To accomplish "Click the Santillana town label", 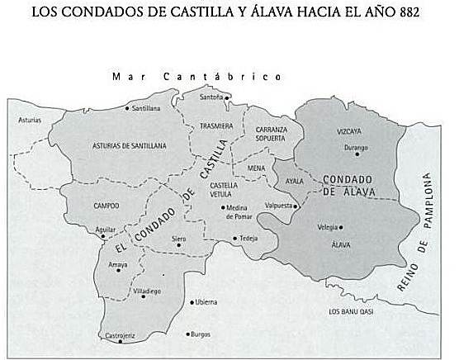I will click(x=146, y=108).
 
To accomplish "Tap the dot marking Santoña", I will click(x=225, y=97).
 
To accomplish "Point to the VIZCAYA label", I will click(x=348, y=130).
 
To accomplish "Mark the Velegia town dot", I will click(x=341, y=226).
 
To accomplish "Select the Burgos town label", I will click(x=201, y=334).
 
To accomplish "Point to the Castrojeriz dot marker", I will click(x=121, y=341).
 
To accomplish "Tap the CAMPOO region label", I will click(x=106, y=206).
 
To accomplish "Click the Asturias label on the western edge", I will click(x=30, y=121).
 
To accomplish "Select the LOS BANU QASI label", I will click(x=351, y=311).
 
